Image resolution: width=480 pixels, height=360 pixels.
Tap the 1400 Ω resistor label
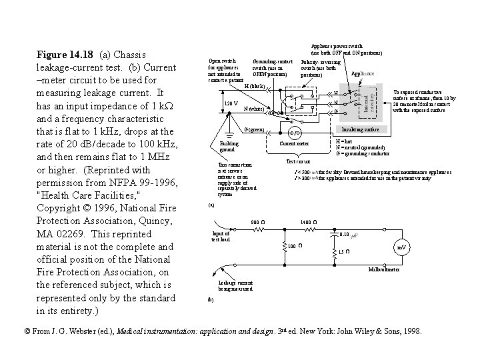click(308, 222)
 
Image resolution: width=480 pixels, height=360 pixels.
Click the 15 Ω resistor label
click(344, 251)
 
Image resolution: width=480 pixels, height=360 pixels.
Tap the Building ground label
click(229, 147)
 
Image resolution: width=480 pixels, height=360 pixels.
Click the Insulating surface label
click(361, 129)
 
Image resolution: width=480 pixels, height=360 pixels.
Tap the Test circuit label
click(298, 161)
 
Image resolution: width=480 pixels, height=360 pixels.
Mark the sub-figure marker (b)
click(211, 300)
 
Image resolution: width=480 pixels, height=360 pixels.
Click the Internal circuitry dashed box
click(367, 100)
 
